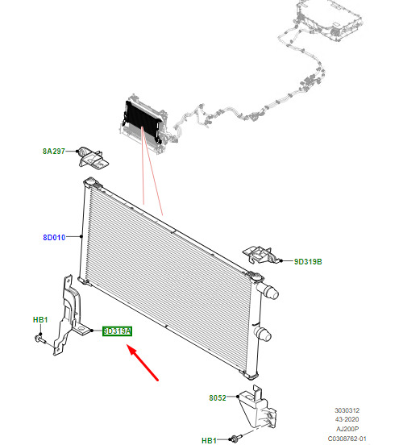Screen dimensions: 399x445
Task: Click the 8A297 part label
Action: [54, 152]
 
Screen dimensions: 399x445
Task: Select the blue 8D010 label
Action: [54, 237]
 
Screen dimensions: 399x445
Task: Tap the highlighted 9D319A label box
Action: [117, 331]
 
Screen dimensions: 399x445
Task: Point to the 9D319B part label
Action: [308, 262]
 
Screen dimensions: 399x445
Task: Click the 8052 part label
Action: [218, 398]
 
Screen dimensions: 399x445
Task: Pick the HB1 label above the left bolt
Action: [40, 320]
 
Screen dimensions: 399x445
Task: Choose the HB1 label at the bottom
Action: [209, 440]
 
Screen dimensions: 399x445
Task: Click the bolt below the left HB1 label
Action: [39, 339]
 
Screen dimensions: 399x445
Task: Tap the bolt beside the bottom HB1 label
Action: [236, 439]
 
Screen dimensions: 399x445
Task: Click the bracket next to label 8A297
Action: [93, 158]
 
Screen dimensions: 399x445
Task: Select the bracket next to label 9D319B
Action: [260, 255]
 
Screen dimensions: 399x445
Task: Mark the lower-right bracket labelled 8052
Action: [257, 406]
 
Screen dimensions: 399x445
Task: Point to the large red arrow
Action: [143, 362]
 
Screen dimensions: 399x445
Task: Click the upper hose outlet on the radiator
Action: [268, 292]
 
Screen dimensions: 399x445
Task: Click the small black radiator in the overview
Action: [143, 122]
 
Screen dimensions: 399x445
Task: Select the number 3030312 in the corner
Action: [347, 410]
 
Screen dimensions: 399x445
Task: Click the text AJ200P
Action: [347, 429]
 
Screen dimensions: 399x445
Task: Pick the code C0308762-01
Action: [347, 439]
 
